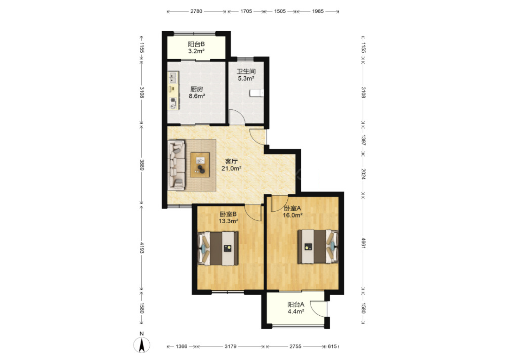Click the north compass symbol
142,345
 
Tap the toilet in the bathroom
257,93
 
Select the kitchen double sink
173,77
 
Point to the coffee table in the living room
200,165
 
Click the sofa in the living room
176,165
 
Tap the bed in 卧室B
218,248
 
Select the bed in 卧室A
318,246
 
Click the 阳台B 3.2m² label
196,47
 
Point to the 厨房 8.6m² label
197,92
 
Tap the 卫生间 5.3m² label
246,75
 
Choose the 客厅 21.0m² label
231,165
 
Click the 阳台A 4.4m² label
296,308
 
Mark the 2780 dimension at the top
196,11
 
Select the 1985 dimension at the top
318,11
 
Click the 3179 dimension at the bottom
231,346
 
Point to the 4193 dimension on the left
142,248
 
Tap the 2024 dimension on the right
363,174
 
